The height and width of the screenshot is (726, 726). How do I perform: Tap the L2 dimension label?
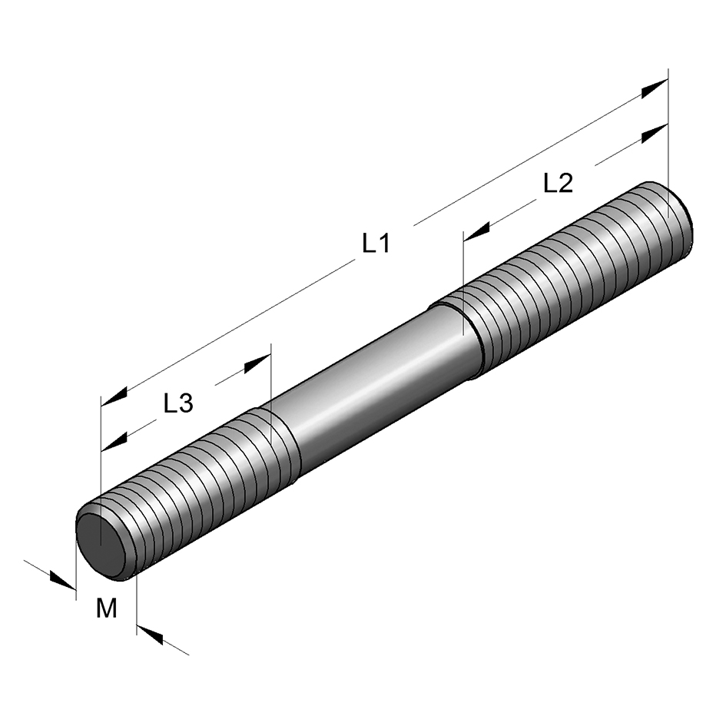pyautogui.click(x=558, y=183)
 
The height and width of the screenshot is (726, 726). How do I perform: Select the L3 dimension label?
pyautogui.click(x=178, y=403)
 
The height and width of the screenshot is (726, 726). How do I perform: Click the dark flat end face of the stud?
pyautogui.click(x=101, y=544)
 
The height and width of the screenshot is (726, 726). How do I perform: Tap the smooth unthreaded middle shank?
pyautogui.click(x=380, y=389)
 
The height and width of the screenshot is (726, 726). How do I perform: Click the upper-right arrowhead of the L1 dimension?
pyautogui.click(x=655, y=88)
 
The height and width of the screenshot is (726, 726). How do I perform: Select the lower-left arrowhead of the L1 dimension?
pyautogui.click(x=114, y=397)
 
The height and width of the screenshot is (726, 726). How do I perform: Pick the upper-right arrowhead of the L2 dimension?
pyautogui.click(x=655, y=134)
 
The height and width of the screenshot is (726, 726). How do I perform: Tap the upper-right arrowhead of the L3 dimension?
pyautogui.click(x=257, y=363)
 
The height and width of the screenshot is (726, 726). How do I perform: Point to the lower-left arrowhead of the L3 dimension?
pyautogui.click(x=114, y=443)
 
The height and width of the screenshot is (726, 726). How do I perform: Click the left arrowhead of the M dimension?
pyautogui.click(x=62, y=581)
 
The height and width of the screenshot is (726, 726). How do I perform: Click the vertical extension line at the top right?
pyautogui.click(x=668, y=144)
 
